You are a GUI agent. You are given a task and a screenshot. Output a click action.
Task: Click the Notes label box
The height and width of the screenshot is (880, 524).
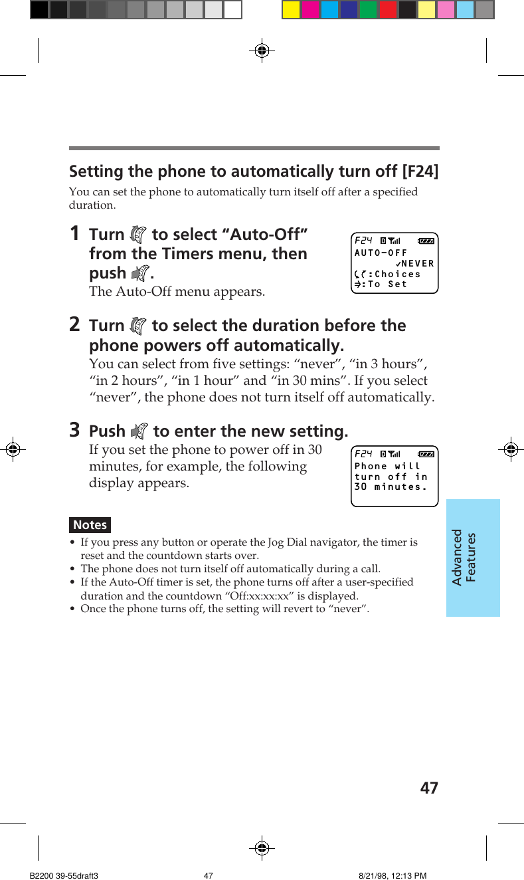(x=90, y=524)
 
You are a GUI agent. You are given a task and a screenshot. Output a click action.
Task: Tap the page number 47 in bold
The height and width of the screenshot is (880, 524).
(x=429, y=788)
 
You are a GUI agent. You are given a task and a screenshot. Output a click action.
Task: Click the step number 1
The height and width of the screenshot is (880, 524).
(x=75, y=233)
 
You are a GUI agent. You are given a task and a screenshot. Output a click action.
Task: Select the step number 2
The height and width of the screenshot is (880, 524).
(x=75, y=324)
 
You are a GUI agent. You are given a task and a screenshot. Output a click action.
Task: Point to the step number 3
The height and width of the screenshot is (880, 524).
(x=75, y=430)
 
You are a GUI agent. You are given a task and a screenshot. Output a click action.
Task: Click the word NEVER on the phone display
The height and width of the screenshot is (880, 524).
(x=417, y=264)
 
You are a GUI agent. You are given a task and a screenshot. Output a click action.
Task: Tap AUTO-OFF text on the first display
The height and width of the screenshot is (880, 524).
(x=381, y=253)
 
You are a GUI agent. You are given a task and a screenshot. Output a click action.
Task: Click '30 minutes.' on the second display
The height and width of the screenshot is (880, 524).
(x=391, y=487)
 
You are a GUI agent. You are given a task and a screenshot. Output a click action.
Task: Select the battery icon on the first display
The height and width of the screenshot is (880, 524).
(x=426, y=241)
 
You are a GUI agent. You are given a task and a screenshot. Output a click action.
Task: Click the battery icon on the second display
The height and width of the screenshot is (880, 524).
(x=426, y=454)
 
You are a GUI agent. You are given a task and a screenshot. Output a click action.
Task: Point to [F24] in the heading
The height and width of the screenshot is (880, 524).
(x=420, y=171)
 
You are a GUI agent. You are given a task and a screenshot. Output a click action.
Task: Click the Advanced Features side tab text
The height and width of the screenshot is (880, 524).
(x=464, y=557)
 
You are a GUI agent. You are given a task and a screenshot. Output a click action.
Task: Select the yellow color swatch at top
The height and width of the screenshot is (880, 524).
(x=291, y=9)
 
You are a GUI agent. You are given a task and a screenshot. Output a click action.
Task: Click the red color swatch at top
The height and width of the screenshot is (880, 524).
(x=387, y=9)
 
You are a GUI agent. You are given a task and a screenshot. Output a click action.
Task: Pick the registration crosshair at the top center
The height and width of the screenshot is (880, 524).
(x=262, y=50)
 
